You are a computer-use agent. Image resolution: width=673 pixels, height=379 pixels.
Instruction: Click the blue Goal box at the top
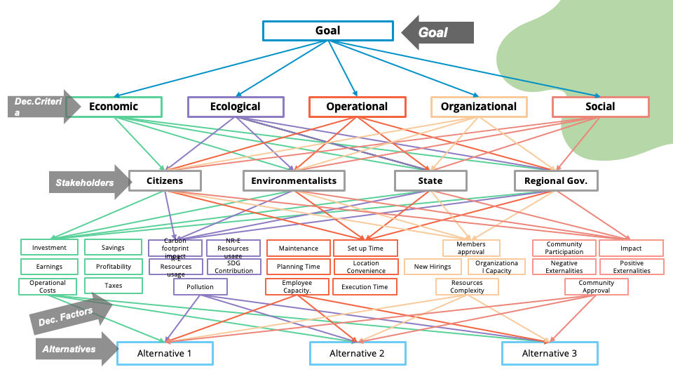(x=327, y=31)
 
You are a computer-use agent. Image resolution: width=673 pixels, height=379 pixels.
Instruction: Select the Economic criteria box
(x=114, y=107)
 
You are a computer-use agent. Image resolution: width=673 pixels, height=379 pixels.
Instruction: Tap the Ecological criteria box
(x=236, y=107)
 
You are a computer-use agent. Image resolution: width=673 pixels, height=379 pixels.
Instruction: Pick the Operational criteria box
(x=357, y=107)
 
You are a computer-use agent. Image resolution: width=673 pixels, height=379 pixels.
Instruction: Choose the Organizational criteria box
(x=479, y=107)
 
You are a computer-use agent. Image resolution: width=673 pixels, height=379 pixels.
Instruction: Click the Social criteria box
(x=600, y=107)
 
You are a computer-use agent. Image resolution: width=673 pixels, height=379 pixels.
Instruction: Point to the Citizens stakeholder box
(x=165, y=180)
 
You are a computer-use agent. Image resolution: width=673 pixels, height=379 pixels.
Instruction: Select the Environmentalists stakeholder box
(x=294, y=180)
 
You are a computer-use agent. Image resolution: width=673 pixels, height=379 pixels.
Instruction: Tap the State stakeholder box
(x=430, y=180)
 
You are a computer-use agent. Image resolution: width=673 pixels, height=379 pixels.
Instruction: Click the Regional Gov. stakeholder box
(x=556, y=180)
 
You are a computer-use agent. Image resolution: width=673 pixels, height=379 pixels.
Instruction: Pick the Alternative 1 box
(x=165, y=353)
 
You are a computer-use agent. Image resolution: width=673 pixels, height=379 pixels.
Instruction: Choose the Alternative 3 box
(x=550, y=353)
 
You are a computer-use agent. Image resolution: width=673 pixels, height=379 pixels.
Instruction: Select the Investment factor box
(x=49, y=248)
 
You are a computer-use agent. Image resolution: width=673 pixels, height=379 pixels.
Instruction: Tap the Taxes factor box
(x=113, y=286)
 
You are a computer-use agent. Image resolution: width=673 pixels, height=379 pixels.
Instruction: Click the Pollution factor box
(x=200, y=287)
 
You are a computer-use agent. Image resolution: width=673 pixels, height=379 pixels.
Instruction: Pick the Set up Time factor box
(x=365, y=248)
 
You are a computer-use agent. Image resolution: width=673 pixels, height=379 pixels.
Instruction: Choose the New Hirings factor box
(x=433, y=267)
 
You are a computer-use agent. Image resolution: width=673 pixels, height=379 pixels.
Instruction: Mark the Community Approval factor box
(x=596, y=286)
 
